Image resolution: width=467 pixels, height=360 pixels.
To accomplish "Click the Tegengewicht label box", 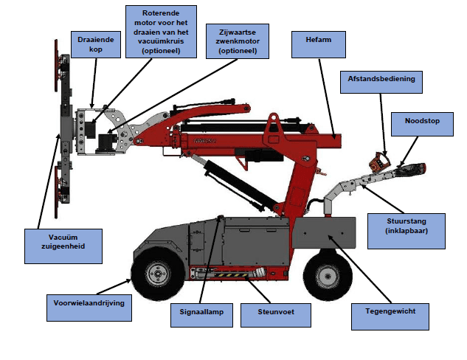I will click(x=390, y=311).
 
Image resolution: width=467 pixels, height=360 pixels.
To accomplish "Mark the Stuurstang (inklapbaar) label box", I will click(x=407, y=226).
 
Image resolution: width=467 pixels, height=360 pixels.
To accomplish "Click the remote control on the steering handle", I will click(x=381, y=163).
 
